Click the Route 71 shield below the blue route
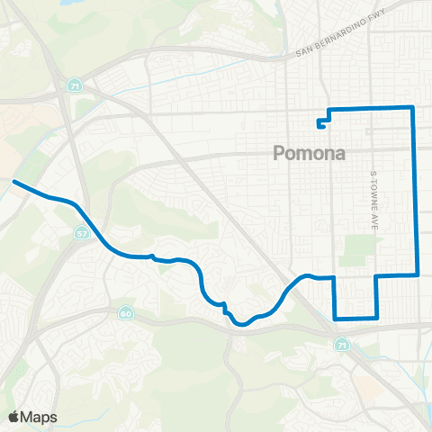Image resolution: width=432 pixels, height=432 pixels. [339, 345]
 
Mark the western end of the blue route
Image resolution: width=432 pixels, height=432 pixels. [13, 181]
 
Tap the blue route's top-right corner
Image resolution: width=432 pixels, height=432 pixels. [412, 107]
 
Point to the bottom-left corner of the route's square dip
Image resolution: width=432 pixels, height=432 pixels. [335, 318]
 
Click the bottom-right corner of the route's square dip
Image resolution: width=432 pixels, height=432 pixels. [377, 318]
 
